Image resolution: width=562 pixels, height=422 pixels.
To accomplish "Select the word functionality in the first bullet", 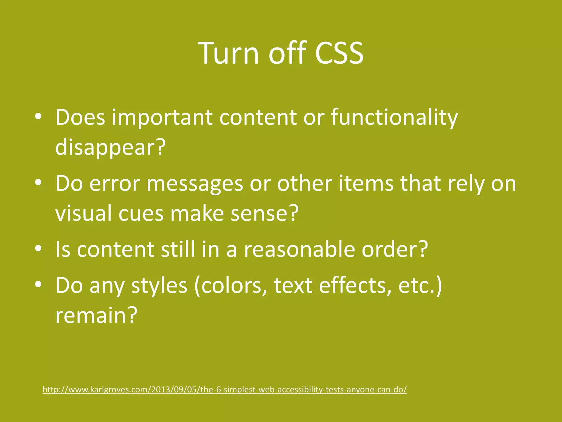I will (394, 118).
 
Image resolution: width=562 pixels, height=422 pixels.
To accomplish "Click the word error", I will (115, 184).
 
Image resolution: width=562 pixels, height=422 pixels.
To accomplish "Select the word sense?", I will (264, 214).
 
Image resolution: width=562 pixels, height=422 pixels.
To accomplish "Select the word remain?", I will (96, 315).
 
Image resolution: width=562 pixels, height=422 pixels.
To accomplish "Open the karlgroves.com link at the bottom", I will (225, 390).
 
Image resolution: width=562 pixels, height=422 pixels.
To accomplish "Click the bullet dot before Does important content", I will (38, 116).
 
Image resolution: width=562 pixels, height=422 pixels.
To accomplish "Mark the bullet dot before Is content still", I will (38, 248).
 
